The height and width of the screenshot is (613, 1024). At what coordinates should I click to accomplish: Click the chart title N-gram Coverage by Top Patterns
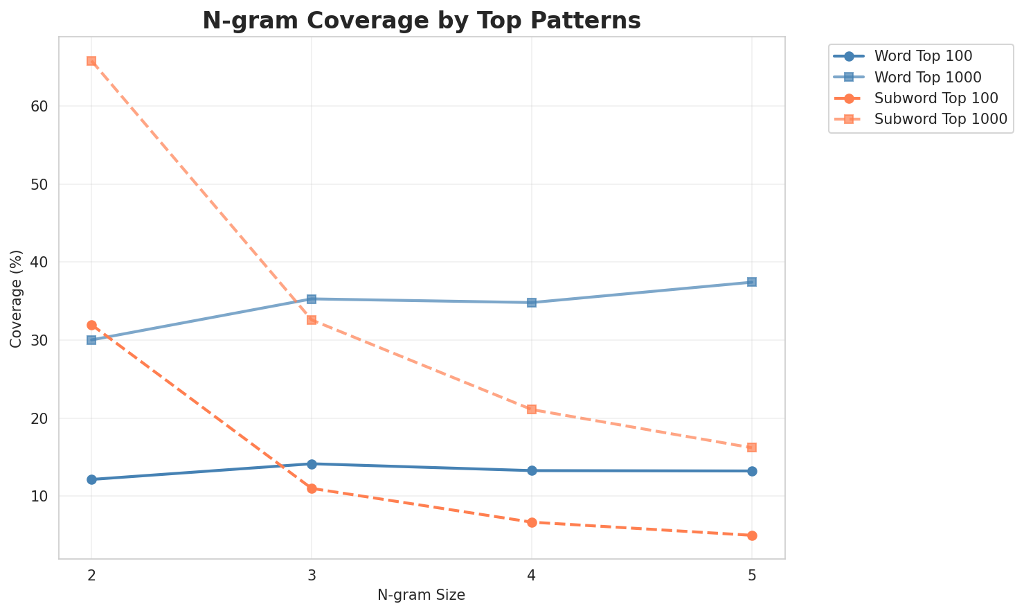tap(421, 21)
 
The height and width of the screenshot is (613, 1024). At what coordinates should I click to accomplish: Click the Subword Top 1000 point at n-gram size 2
tap(91, 61)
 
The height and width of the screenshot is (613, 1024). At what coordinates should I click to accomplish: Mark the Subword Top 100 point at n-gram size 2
tap(91, 325)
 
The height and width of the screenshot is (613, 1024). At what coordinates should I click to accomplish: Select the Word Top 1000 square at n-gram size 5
tap(752, 282)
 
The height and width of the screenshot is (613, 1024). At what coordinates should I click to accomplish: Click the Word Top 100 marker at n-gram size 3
tap(312, 464)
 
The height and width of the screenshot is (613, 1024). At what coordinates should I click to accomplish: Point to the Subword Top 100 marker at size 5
tap(752, 535)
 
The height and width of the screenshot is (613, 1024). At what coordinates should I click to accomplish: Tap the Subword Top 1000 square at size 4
tap(532, 409)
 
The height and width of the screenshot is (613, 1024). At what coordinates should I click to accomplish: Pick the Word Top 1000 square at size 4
tap(532, 303)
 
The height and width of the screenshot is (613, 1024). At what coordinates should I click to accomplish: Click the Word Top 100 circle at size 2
tap(91, 479)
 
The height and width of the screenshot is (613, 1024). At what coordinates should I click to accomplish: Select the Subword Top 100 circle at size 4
tap(532, 522)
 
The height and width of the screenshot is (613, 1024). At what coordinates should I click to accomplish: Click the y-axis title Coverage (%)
tap(17, 298)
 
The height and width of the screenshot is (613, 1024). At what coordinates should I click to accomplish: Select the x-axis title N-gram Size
tap(421, 595)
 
